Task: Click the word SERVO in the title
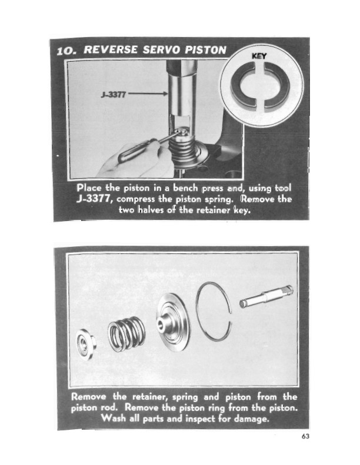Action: pos(161,50)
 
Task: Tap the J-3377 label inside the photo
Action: pos(114,95)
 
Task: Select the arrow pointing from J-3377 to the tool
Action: pos(148,93)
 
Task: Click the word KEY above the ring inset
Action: pos(259,56)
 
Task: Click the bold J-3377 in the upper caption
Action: pos(94,198)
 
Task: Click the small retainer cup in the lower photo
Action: pos(85,344)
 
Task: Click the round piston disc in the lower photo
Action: pos(173,322)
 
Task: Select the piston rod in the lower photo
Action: pos(266,296)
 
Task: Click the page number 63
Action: pos(305,436)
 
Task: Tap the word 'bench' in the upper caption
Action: pos(185,188)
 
